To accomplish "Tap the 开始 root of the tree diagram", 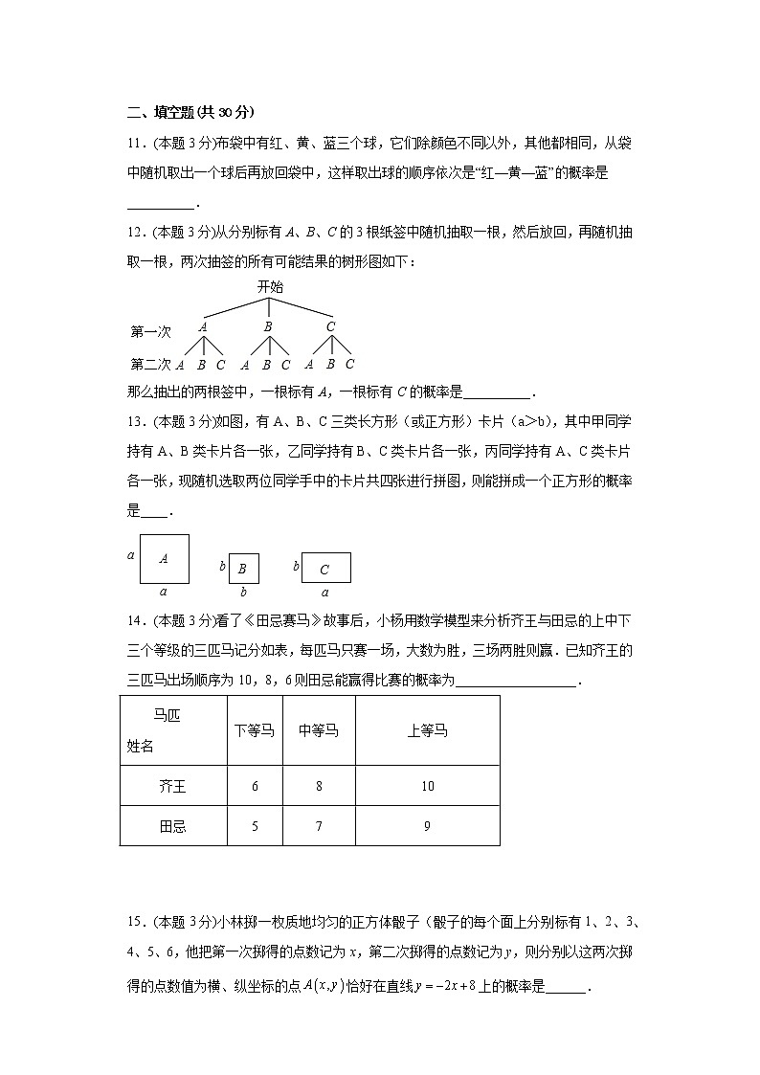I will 269,286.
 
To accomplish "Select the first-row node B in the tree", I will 268,326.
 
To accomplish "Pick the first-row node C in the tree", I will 330,326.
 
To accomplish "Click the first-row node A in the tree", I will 203,326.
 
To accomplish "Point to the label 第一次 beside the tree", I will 150,332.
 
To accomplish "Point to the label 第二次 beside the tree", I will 150,364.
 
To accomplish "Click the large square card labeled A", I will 164,559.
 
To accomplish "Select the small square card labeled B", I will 243,569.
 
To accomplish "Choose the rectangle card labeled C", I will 325,569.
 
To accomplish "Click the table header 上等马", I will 427,731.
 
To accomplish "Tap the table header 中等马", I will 318,731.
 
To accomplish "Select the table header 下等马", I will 254,731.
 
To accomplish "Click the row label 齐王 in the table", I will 172,787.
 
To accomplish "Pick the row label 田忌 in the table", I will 172,826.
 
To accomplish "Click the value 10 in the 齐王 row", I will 427,787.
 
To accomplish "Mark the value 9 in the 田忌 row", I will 427,826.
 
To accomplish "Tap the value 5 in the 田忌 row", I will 255,826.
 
